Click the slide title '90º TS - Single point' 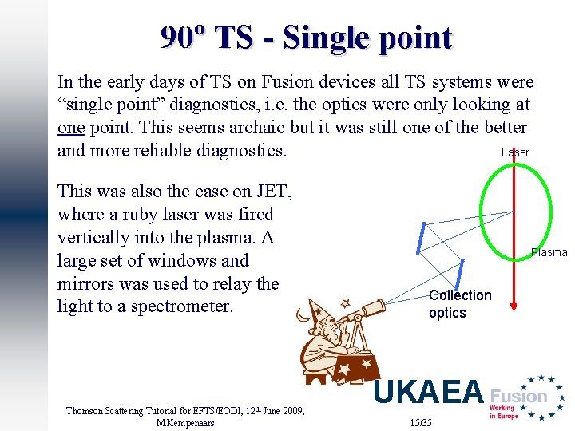(306, 38)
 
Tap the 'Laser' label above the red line (515, 152)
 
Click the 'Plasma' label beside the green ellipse (549, 252)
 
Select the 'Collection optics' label (460, 304)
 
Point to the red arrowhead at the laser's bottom (515, 303)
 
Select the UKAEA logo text (429, 393)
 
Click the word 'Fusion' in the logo (518, 396)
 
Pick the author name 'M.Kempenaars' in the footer (185, 423)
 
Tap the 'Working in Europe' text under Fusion (504, 412)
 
